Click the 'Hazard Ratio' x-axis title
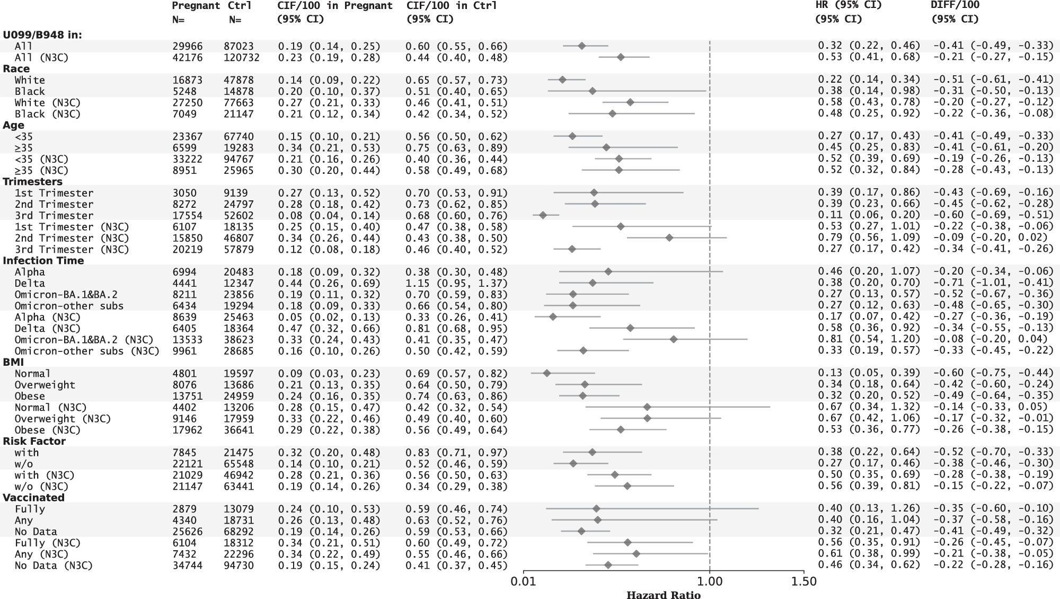pos(663,595)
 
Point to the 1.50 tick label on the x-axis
pos(803,582)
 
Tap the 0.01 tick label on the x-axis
pos(524,582)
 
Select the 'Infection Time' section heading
pos(43,260)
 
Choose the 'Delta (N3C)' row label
pos(48,328)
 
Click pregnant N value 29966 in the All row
pos(187,46)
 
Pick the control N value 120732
pos(241,57)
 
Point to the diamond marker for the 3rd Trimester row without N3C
pos(543,215)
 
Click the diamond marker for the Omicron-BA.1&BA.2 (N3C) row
pos(674,339)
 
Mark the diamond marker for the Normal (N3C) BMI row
pos(647,407)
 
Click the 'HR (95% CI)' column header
pos(848,5)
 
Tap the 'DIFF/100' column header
pos(955,5)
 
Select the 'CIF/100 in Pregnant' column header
pos(335,5)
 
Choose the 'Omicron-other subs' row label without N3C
pos(69,306)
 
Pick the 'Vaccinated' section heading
pos(33,497)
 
